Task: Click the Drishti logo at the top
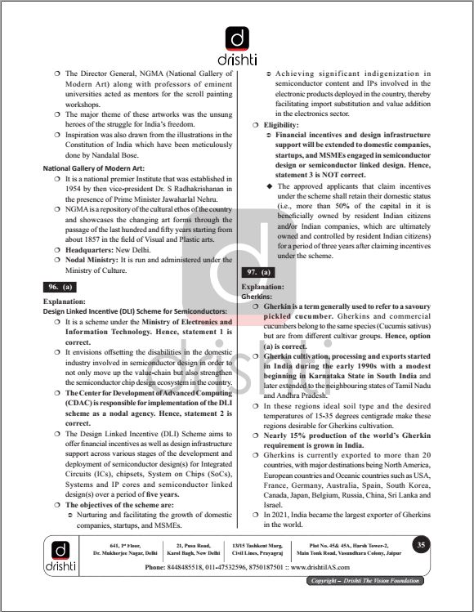[x=236, y=45]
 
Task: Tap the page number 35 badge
[x=420, y=545]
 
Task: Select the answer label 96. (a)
[x=60, y=287]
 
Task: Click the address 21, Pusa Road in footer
[x=193, y=545]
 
